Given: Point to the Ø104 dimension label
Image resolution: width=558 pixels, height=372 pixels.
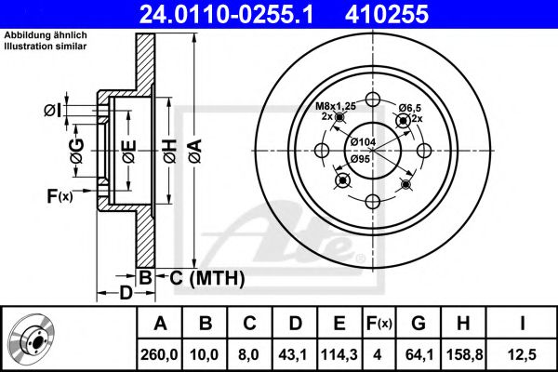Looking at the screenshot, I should [x=363, y=141].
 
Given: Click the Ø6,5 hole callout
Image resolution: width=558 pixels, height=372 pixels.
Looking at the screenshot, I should [x=410, y=109].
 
